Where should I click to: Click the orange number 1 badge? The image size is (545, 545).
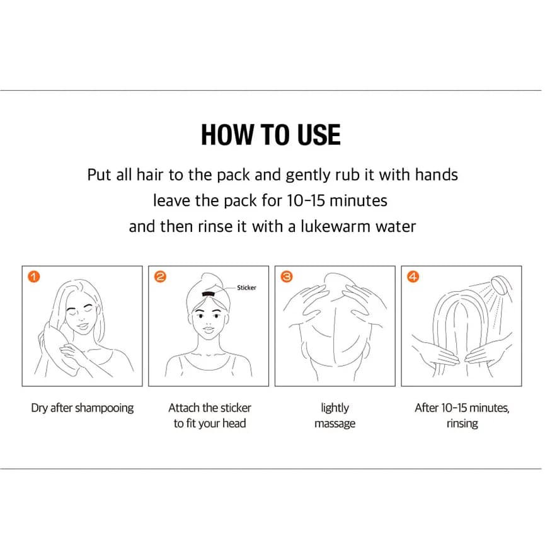coord(34,277)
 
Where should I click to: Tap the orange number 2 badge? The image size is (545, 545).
coord(160,277)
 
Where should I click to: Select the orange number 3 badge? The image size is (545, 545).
coord(287,277)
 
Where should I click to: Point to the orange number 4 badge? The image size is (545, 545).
coord(413,277)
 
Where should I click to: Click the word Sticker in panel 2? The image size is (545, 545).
coord(246,287)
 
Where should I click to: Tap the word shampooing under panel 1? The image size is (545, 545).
coord(104,408)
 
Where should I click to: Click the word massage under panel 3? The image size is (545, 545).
coord(335,423)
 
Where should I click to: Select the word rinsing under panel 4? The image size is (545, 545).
coord(462,423)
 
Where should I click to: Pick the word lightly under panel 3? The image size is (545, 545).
coord(335,408)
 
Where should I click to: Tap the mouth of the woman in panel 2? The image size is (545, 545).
coord(209,328)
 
